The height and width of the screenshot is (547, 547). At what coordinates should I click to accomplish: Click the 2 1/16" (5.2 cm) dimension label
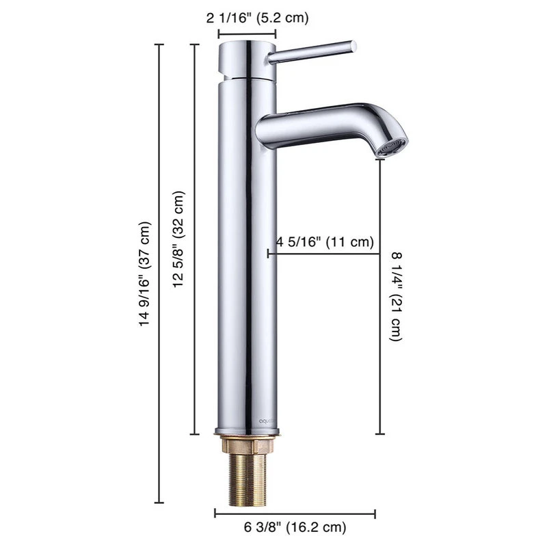[258, 18]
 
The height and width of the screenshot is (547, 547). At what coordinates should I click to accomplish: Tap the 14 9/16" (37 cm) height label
[145, 274]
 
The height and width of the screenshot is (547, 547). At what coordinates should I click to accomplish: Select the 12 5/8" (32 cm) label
[178, 239]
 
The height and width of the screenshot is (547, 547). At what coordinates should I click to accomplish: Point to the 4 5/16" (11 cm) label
[325, 241]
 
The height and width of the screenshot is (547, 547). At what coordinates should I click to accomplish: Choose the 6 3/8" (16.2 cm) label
[295, 526]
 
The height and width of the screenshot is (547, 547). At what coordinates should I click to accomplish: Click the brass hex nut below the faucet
[247, 445]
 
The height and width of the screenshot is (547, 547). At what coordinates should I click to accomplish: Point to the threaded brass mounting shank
[248, 480]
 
